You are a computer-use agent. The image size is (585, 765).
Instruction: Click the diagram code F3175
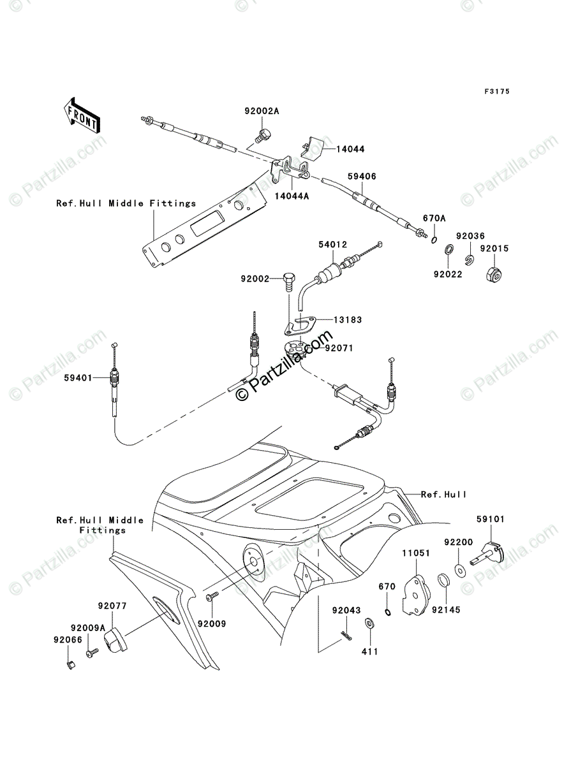497,91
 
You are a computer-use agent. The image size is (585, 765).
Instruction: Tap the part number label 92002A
262,111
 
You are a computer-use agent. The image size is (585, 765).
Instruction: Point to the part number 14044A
292,196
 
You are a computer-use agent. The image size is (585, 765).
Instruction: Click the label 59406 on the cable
362,177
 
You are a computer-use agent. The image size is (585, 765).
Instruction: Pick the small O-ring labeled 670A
434,240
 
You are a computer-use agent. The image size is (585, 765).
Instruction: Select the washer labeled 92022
449,249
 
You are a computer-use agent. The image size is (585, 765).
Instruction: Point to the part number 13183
348,319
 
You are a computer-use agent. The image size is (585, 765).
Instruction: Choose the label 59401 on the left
78,378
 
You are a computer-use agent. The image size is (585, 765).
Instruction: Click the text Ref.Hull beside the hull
443,494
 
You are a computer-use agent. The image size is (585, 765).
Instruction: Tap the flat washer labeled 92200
460,571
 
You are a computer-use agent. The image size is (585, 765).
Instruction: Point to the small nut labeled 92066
71,666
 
